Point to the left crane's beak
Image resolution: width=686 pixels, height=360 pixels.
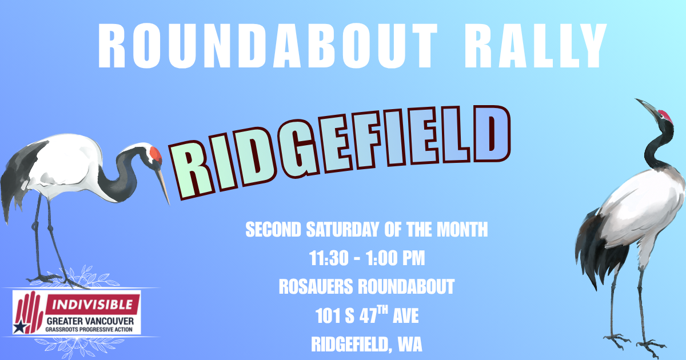163,186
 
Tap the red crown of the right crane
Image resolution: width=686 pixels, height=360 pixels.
664,116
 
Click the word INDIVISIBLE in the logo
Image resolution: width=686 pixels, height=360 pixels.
93,302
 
